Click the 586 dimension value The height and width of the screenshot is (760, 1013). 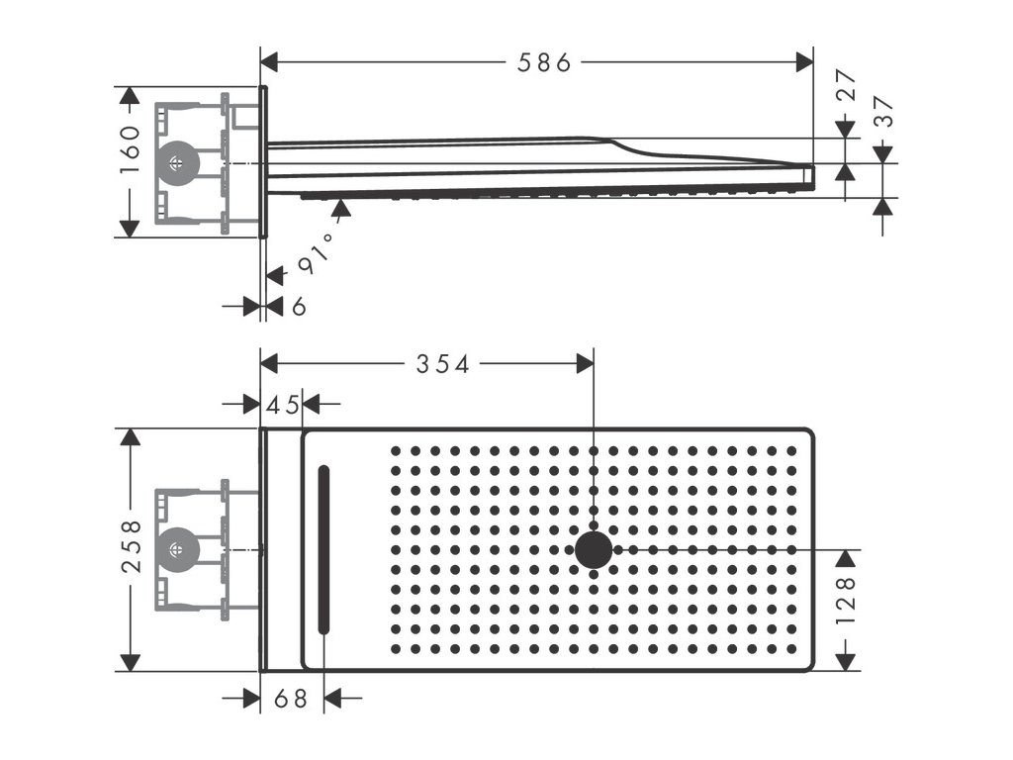pyautogui.click(x=545, y=62)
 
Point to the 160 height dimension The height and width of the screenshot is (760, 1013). pyautogui.click(x=131, y=148)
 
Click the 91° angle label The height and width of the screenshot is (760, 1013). pyautogui.click(x=313, y=255)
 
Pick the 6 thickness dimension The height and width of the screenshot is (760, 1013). pyautogui.click(x=299, y=307)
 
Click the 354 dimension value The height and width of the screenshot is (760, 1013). pyautogui.click(x=441, y=364)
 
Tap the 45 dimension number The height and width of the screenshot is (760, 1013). pyautogui.click(x=282, y=404)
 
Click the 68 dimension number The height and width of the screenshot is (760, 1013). pyautogui.click(x=291, y=700)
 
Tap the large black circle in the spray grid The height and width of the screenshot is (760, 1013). pyautogui.click(x=594, y=549)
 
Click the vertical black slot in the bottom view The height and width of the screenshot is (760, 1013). pyautogui.click(x=322, y=549)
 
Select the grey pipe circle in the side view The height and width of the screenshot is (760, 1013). pyautogui.click(x=178, y=163)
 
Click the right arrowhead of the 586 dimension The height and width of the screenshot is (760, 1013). pyautogui.click(x=804, y=62)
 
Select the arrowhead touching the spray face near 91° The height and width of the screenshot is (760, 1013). pyautogui.click(x=341, y=207)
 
